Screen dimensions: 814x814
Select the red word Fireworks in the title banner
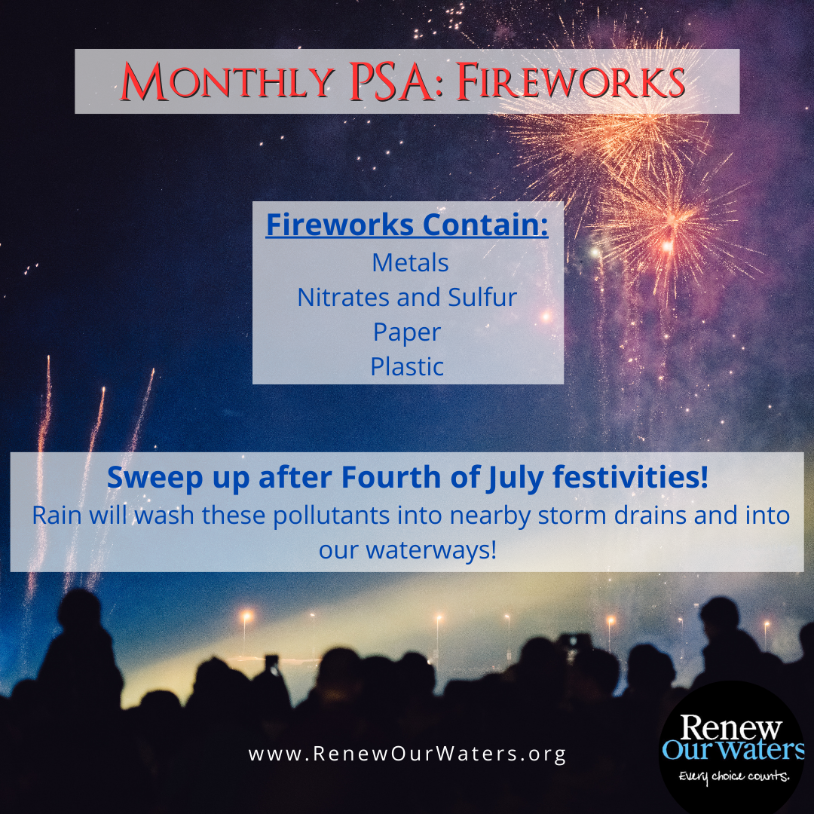pos(571,82)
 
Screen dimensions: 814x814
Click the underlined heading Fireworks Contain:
pos(407,225)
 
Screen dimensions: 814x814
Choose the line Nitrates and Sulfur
pos(407,297)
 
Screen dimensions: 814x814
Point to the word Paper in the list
pos(407,332)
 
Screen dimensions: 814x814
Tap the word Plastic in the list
pos(407,367)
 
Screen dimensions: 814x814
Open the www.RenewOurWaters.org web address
pos(407,754)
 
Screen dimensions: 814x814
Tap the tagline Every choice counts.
pos(733,776)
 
